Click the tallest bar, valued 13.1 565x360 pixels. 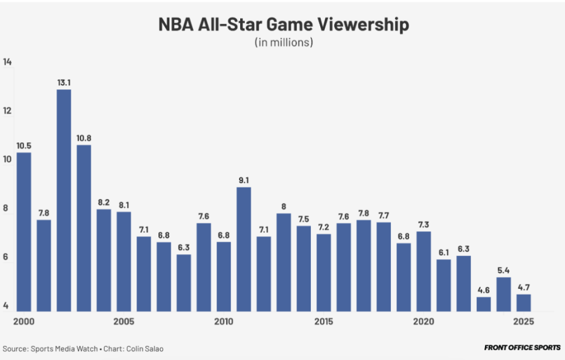tap(64, 200)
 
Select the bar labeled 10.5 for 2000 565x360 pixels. tap(24, 232)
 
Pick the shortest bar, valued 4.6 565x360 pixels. tap(484, 304)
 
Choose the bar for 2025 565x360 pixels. tap(524, 303)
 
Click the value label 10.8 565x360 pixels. tap(84, 138)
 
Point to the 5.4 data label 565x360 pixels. tap(504, 271)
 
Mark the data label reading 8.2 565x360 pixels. tap(104, 202)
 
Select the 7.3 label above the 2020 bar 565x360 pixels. tap(424, 225)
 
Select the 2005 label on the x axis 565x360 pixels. tap(124, 322)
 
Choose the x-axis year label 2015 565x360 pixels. tap(324, 322)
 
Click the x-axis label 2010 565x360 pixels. tap(224, 322)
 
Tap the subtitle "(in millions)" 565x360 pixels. tap(283, 42)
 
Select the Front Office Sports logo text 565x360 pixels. tap(522, 348)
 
